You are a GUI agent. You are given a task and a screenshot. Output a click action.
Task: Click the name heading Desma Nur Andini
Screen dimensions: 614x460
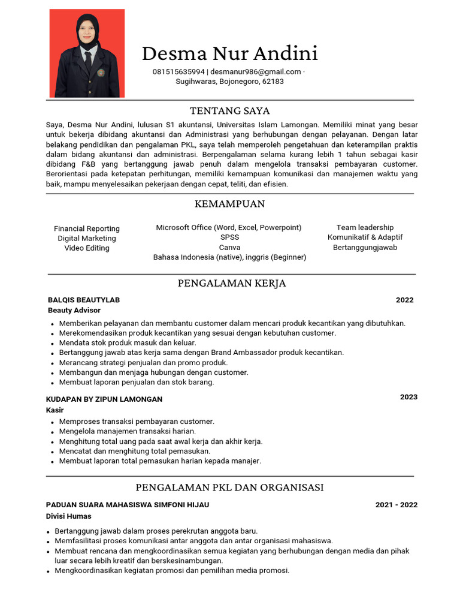[x=229, y=54]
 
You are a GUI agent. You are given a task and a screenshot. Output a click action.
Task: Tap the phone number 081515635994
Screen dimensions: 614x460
[x=178, y=72]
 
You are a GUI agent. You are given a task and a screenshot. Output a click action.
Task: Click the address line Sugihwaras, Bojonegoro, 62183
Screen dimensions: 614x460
[x=229, y=82]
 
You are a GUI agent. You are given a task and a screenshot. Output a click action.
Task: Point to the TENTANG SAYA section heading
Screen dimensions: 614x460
[x=229, y=111]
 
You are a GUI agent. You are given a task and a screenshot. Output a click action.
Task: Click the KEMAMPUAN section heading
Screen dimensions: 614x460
[x=229, y=204]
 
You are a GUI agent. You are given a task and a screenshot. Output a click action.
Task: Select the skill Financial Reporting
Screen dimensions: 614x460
[x=87, y=228]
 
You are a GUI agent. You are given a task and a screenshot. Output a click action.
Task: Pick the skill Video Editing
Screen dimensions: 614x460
[x=87, y=248]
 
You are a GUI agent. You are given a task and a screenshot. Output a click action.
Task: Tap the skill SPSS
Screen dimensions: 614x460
[x=229, y=237]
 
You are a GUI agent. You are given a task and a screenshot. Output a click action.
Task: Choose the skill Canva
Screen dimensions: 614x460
[x=229, y=247]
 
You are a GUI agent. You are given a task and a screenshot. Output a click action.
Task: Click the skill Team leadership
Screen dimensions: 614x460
[x=365, y=227]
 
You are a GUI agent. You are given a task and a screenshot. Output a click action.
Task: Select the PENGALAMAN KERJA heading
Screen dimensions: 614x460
[x=232, y=283]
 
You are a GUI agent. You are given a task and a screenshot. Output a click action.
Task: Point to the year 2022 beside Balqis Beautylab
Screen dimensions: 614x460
[x=404, y=300]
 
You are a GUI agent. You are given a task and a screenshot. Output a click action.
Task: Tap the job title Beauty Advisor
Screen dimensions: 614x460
[x=74, y=310]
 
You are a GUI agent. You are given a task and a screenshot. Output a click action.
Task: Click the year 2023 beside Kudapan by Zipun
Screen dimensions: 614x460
[x=408, y=397]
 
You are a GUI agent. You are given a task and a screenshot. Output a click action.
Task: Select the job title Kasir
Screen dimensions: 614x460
[x=55, y=410]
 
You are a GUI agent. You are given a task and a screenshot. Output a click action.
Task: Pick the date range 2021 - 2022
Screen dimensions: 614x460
[x=396, y=505]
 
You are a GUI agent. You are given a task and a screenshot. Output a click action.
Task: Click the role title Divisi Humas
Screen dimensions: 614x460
[x=69, y=516]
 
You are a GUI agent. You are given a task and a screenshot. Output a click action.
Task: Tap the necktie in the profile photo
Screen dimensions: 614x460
[x=88, y=60]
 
